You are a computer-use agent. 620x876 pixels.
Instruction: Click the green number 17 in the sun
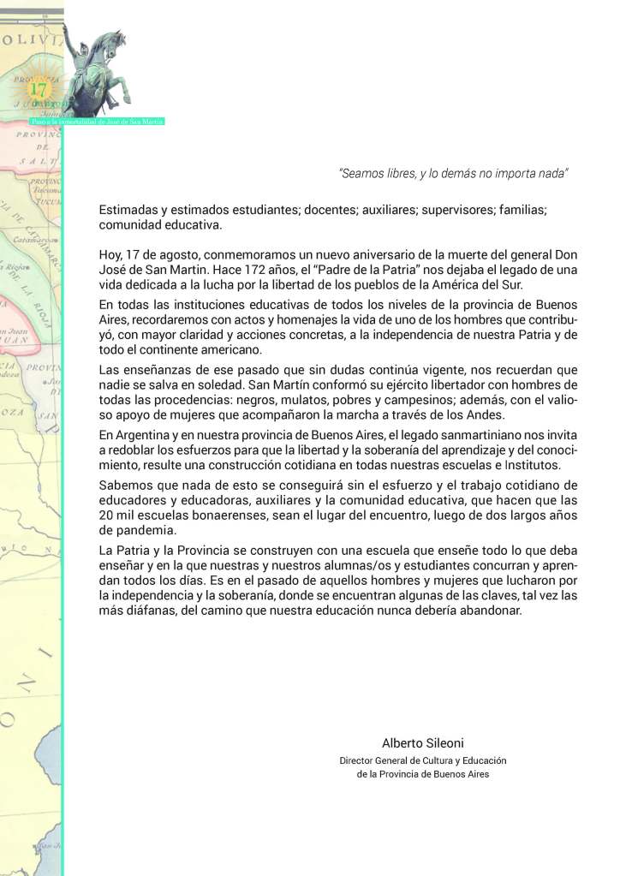click(38, 88)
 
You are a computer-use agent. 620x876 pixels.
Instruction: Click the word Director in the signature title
click(359, 760)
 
